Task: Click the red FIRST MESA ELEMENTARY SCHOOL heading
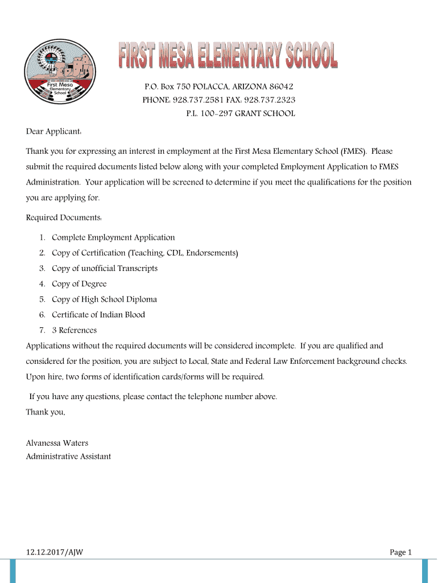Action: tap(228, 57)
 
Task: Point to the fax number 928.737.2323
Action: tap(270, 100)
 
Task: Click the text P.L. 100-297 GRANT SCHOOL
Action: tap(241, 113)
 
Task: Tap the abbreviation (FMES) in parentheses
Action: tap(353, 151)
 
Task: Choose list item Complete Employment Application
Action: tap(113, 237)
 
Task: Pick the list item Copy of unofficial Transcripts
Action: tap(105, 268)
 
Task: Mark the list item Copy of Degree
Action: tap(79, 284)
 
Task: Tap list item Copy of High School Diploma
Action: tap(104, 299)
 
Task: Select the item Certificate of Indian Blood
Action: tap(98, 314)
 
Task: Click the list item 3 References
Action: tap(75, 330)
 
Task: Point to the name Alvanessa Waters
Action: tap(57, 443)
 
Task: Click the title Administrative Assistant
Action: tap(68, 456)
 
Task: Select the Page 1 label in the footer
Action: tap(400, 552)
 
